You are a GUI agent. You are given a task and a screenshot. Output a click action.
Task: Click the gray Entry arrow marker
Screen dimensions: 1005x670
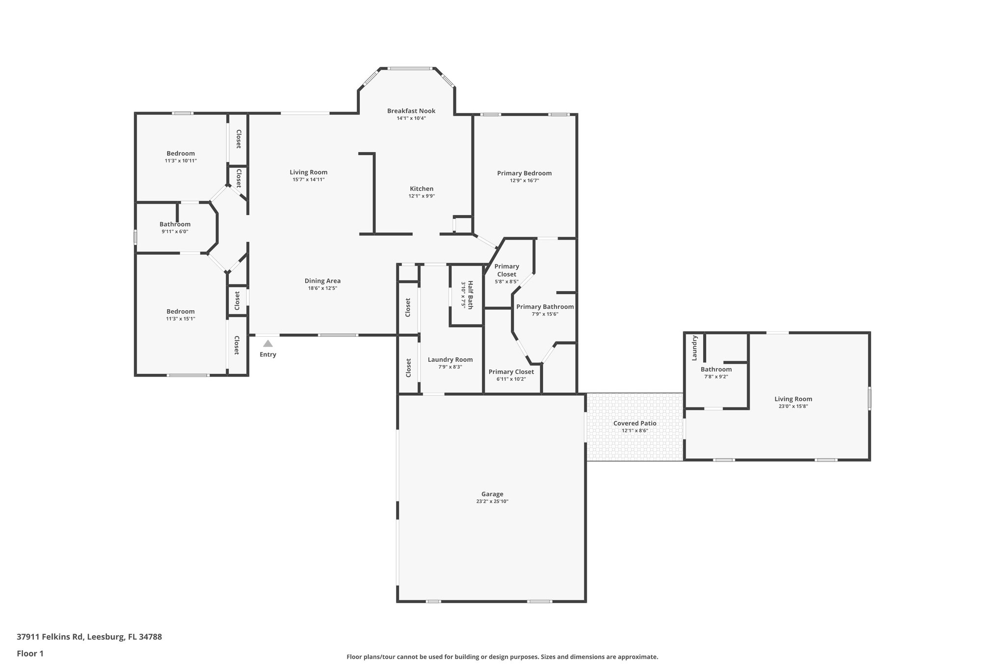click(x=268, y=344)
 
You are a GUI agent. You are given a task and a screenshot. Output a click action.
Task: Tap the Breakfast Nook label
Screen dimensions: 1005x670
click(x=411, y=111)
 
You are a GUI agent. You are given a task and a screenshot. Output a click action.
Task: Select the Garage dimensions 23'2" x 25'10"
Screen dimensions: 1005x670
click(x=492, y=502)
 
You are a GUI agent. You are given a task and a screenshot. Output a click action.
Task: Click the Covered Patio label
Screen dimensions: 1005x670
click(x=635, y=423)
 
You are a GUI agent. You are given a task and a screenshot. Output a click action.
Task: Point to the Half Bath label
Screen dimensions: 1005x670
click(x=470, y=294)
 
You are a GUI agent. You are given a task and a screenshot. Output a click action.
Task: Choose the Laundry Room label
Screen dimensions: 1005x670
click(x=450, y=360)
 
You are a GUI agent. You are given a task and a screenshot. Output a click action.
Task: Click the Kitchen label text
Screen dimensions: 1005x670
click(x=422, y=189)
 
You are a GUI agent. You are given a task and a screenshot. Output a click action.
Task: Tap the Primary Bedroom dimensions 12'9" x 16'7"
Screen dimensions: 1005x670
click(x=525, y=181)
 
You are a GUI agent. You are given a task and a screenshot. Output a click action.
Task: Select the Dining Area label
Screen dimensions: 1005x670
click(x=323, y=281)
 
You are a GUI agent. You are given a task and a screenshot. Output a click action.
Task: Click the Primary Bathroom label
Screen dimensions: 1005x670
click(x=545, y=307)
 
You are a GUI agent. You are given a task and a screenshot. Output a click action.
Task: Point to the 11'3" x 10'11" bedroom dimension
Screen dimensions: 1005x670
click(x=181, y=161)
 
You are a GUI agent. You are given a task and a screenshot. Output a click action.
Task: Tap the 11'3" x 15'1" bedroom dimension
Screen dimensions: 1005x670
click(x=181, y=319)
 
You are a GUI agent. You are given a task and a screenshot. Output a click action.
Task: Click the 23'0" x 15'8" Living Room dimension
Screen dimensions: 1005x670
click(x=793, y=406)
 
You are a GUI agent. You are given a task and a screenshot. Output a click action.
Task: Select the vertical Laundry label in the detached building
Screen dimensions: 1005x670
click(x=694, y=348)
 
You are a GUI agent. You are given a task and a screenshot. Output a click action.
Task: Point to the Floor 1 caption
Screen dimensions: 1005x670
click(x=30, y=653)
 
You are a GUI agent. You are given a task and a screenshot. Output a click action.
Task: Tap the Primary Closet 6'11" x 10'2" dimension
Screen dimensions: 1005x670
click(x=511, y=379)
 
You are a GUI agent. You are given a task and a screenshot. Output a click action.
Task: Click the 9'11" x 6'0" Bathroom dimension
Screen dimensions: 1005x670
click(x=175, y=232)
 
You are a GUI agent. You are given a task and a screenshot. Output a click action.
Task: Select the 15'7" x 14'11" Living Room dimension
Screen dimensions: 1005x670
click(x=309, y=180)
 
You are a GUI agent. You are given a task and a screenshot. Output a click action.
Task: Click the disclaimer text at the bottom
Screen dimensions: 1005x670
click(x=502, y=657)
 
